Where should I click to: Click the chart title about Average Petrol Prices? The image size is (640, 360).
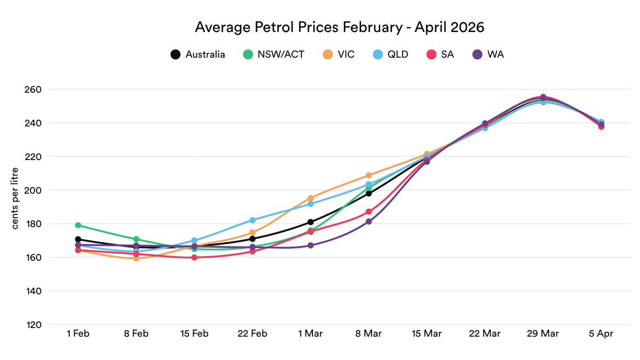[x=339, y=27]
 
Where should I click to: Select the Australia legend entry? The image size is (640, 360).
[x=198, y=54]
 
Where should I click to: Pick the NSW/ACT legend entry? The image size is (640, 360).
[x=274, y=54]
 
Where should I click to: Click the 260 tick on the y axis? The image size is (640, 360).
[x=34, y=89]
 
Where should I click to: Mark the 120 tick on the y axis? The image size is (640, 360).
[x=34, y=325]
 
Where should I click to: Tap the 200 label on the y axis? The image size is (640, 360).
[x=34, y=190]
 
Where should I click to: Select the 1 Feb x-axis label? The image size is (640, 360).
[x=78, y=334]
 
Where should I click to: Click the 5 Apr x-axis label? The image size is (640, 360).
[x=601, y=334]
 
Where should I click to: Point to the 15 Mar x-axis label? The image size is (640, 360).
[x=427, y=334]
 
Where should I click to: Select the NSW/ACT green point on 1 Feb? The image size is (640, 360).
[x=78, y=225]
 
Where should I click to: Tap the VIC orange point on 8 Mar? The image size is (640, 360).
[x=369, y=175]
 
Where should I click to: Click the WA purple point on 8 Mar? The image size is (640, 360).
[x=369, y=221]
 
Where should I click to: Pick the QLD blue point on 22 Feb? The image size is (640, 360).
[x=252, y=220]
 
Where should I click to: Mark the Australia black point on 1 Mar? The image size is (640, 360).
[x=310, y=222]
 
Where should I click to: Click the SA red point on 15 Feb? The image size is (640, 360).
[x=194, y=258]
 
